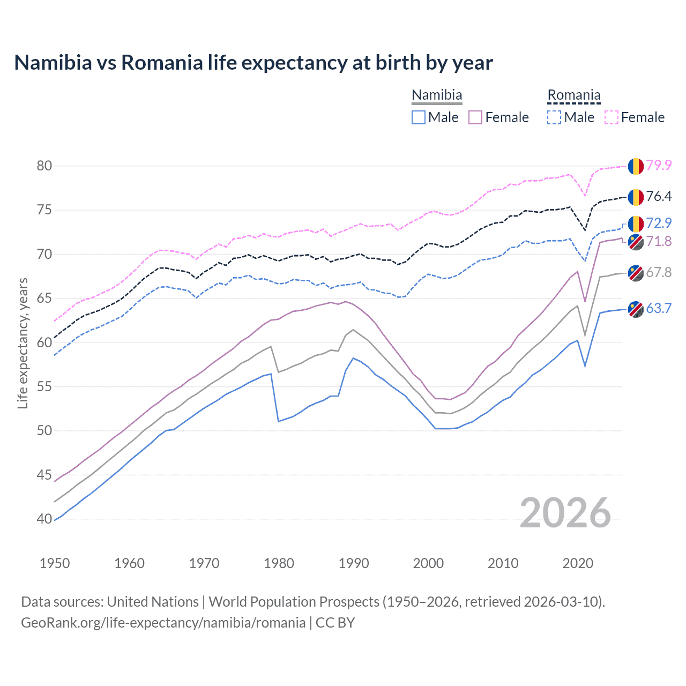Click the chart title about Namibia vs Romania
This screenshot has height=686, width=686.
pos(253,63)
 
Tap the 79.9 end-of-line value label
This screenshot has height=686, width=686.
pos(659,165)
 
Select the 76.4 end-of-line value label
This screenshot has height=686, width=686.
pos(659,196)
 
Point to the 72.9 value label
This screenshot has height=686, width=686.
pos(659,223)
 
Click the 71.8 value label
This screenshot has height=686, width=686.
pos(659,241)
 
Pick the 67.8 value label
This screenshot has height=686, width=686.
pos(659,272)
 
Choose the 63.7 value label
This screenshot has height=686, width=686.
pos(659,308)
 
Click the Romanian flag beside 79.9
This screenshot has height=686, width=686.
pos(636,166)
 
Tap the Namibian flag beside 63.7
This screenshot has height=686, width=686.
pos(636,309)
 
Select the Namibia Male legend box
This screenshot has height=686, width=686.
pos(419,117)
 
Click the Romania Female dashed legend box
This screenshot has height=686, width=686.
pos(612,117)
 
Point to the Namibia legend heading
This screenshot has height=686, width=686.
pos(437,95)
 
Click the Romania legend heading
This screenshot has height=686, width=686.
pos(573,95)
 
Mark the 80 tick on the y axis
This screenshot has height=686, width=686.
pos(44,166)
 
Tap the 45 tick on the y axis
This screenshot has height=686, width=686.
pos(44,475)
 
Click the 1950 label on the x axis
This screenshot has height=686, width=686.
pos(55,563)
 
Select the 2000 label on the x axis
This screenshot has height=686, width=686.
pos(428,563)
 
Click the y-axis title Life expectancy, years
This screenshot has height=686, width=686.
pos(23,343)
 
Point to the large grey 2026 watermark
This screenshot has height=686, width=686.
pos(565,513)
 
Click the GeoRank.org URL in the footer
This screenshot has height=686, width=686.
pos(163,623)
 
